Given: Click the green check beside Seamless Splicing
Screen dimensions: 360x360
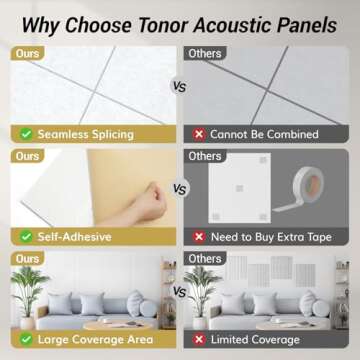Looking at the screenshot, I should (24, 133).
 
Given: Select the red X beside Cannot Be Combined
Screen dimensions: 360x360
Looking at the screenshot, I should (200, 133).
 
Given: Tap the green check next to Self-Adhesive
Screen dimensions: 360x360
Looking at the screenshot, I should (24, 237).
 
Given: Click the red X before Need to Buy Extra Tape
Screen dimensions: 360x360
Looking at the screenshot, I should (200, 237).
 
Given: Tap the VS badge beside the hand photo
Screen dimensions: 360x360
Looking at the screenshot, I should (180, 187).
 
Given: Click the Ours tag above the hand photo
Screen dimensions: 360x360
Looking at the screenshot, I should (27, 156).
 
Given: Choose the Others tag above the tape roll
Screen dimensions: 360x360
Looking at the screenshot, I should (204, 156).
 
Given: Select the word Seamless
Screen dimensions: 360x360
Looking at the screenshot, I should (67, 133).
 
